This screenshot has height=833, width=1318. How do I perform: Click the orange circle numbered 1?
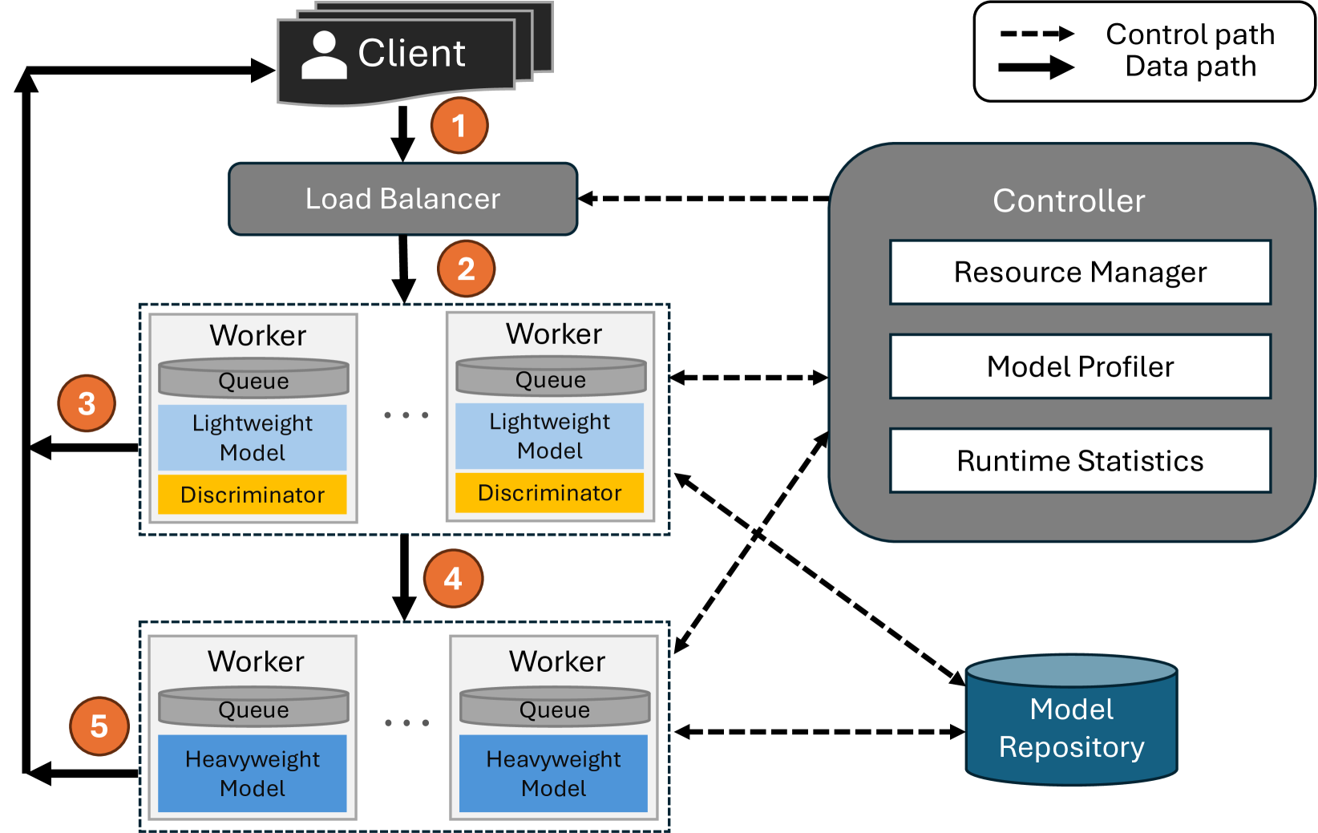coord(459,125)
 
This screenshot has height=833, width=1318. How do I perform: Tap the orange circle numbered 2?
coord(466,269)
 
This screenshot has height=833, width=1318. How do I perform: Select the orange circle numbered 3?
coord(87,403)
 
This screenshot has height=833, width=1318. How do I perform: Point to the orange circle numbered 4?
coord(453,578)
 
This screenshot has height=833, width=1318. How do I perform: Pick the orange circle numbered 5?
coord(99,726)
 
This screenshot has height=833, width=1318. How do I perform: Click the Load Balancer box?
coord(402,199)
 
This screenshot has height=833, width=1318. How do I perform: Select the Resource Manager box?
coord(1080,273)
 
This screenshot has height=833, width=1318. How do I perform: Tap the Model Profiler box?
coord(1080,366)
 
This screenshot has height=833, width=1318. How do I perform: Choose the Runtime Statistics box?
coord(1080,461)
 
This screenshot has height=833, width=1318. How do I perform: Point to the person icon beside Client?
coord(324,55)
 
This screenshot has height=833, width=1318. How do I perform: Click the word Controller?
coord(1069,200)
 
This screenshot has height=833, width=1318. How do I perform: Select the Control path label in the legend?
coord(1190,34)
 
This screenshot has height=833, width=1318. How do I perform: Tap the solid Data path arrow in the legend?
coord(1036,67)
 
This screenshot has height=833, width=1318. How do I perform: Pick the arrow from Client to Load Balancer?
coord(402,133)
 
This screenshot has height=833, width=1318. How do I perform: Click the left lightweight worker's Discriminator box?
coord(253,495)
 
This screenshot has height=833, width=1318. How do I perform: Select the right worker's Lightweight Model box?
coord(550,436)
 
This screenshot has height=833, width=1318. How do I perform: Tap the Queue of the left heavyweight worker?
coord(253,708)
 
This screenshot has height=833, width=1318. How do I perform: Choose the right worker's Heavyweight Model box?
coord(553,774)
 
